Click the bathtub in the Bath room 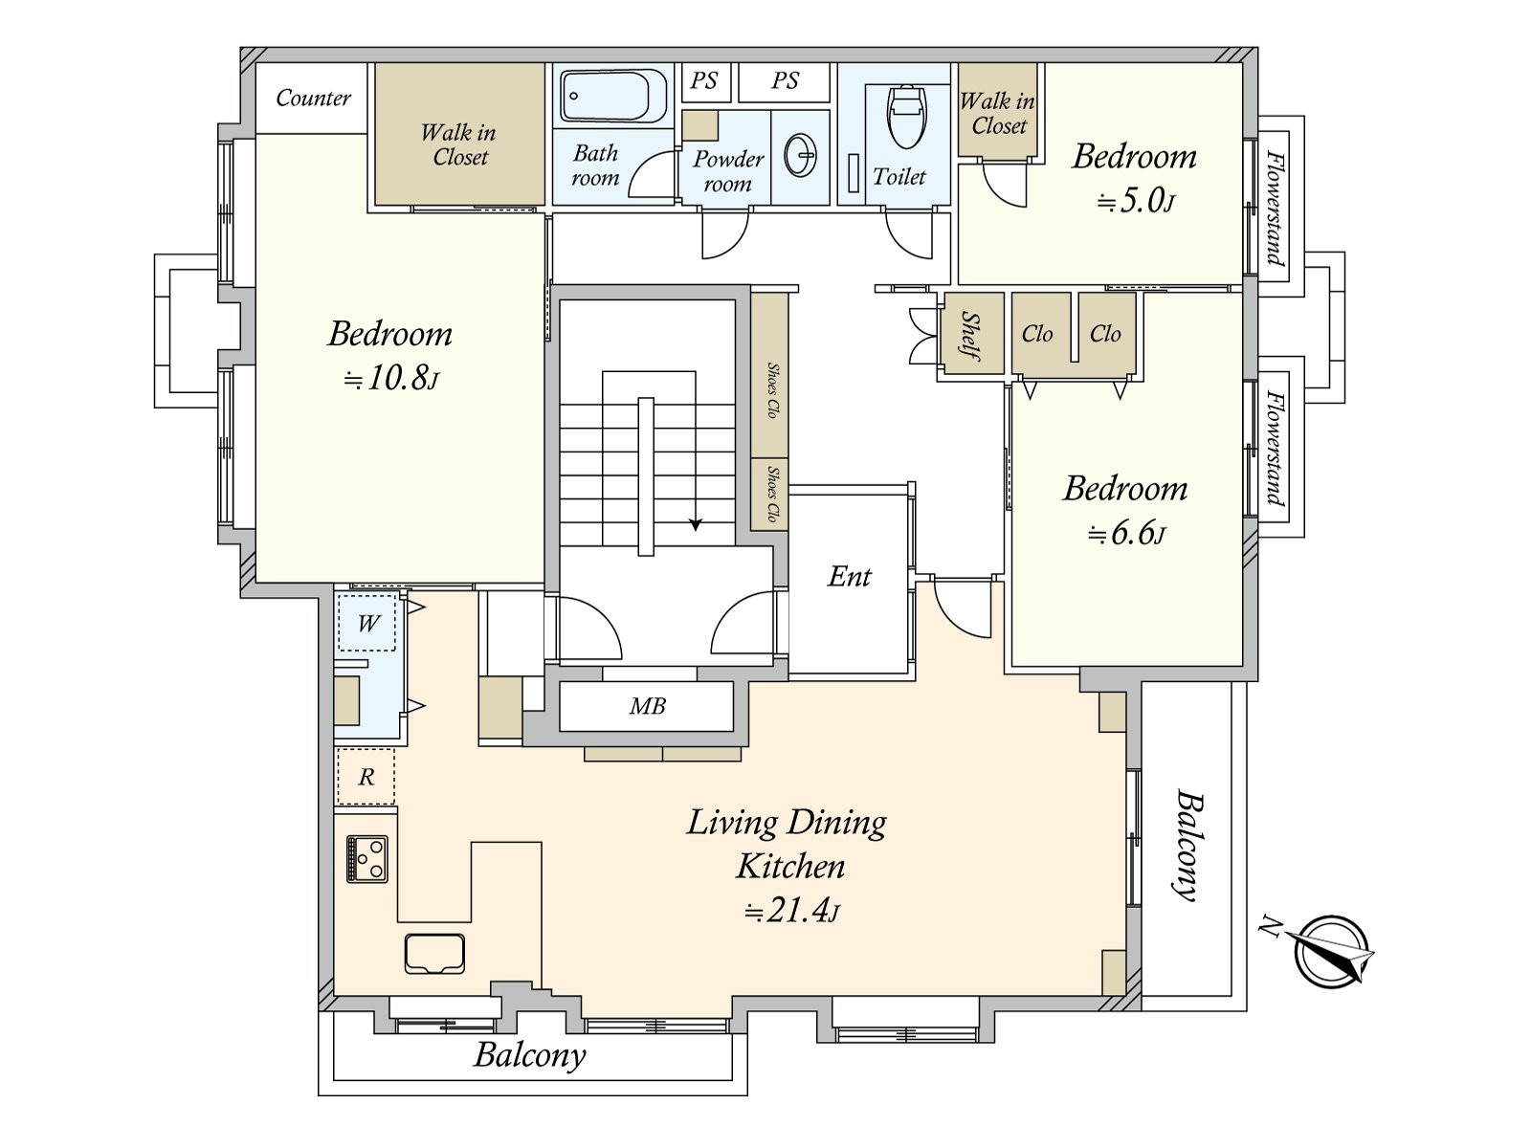pos(613,96)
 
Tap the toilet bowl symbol pos(907,117)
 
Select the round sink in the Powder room pos(801,154)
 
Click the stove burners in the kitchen pos(366,859)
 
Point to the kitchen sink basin pos(434,953)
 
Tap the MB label pos(647,706)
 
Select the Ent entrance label pos(849,577)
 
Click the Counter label pos(313,98)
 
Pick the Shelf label pos(971,336)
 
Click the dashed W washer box pos(366,622)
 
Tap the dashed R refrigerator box pos(366,777)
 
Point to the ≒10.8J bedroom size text pos(391,379)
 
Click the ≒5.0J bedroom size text pos(1136,202)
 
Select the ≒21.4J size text pos(791,911)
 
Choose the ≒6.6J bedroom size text pos(1126,534)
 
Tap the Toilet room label pos(899,176)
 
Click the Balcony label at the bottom pos(530,1054)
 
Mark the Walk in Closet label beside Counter pos(459,145)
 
